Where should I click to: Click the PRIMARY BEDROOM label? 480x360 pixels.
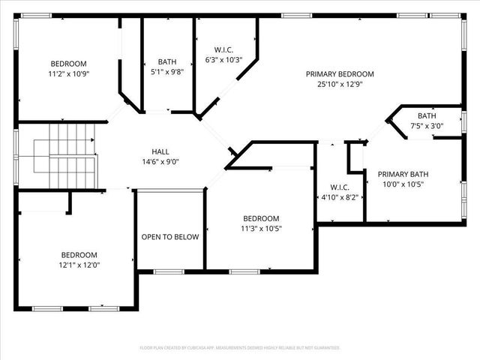pyautogui.click(x=339, y=74)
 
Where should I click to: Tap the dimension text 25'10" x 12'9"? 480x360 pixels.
pyautogui.click(x=339, y=85)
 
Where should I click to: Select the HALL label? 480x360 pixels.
pyautogui.click(x=160, y=151)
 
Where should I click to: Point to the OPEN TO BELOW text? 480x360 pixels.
pyautogui.click(x=170, y=237)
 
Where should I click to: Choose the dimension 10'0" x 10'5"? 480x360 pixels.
pyautogui.click(x=403, y=184)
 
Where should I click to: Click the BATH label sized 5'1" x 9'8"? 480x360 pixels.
pyautogui.click(x=166, y=62)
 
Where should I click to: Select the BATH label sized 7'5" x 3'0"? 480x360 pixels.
pyautogui.click(x=426, y=115)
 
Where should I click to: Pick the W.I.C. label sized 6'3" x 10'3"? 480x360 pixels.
pyautogui.click(x=223, y=49)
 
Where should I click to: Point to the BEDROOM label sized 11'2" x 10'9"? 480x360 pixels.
pyautogui.click(x=68, y=64)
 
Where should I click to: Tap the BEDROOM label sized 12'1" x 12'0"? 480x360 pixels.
pyautogui.click(x=79, y=254)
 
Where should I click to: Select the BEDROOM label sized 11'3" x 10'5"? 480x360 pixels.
pyautogui.click(x=261, y=218)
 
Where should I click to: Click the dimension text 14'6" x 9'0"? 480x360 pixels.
pyautogui.click(x=160, y=161)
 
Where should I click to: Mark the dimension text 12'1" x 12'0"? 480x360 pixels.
pyautogui.click(x=79, y=265)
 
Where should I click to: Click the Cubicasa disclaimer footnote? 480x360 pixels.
pyautogui.click(x=240, y=348)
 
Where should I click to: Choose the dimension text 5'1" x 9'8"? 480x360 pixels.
pyautogui.click(x=166, y=73)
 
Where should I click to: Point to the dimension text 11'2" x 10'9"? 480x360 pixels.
pyautogui.click(x=68, y=74)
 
